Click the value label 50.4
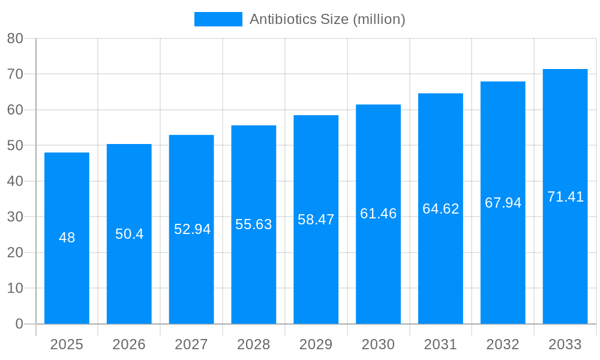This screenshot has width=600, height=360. pyautogui.click(x=129, y=234)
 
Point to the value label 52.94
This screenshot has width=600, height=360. pyautogui.click(x=192, y=229)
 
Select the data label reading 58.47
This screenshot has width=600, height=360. pyautogui.click(x=316, y=220)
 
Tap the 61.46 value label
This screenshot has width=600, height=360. pyautogui.click(x=378, y=214)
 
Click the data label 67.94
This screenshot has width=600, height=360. pyautogui.click(x=503, y=203)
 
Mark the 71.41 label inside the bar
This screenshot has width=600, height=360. pyautogui.click(x=565, y=197)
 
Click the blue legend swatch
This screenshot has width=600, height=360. pyautogui.click(x=218, y=19)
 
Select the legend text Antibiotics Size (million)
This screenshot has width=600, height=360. pyautogui.click(x=327, y=19)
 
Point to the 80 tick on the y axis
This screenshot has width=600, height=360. pyautogui.click(x=15, y=38)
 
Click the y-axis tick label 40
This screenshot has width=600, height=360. pyautogui.click(x=15, y=181)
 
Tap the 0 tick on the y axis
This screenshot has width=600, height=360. pyautogui.click(x=19, y=324)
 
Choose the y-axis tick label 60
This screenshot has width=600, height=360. pyautogui.click(x=15, y=110)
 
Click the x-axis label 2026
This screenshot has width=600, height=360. pyautogui.click(x=129, y=344)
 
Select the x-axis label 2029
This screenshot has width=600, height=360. pyautogui.click(x=316, y=344)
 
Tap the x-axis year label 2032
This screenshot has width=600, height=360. pyautogui.click(x=503, y=344)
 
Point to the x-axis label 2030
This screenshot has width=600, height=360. pyautogui.click(x=378, y=344)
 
